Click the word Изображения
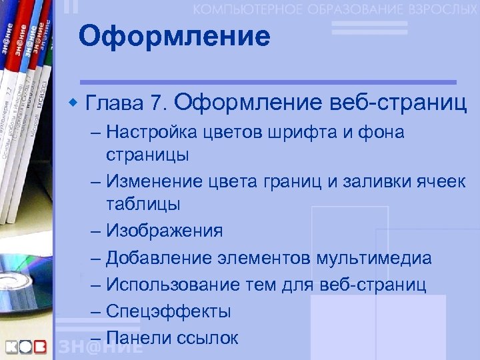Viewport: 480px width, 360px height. click(165, 231)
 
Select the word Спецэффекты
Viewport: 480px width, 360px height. click(169, 311)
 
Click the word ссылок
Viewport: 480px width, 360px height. click(208, 337)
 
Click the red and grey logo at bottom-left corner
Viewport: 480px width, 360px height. click(27, 347)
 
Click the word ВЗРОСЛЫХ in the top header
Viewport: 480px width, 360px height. click(436, 9)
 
